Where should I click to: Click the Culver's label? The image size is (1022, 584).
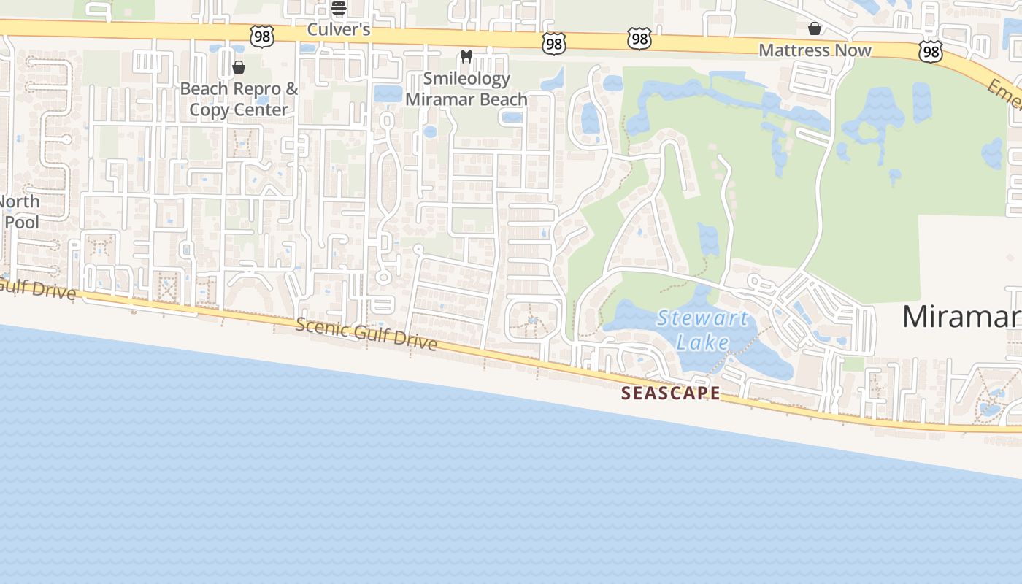pos(339,30)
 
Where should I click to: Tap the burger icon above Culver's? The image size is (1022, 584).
pos(338,8)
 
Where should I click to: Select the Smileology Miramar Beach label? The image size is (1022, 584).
pos(466,89)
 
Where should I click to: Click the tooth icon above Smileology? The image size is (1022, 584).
pos(466,56)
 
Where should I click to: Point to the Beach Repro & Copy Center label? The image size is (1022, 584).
pos(239,99)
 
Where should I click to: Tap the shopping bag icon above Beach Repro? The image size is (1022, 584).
pos(238,68)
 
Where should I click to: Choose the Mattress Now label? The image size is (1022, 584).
pos(815,50)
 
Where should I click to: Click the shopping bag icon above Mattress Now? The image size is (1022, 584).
pos(815,28)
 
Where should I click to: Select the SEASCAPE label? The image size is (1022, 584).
pos(670,393)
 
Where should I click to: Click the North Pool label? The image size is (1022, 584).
pos(20,212)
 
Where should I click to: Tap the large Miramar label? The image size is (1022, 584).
pos(961,317)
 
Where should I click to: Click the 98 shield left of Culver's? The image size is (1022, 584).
pos(261,36)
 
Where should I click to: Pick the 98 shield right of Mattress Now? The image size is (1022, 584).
pos(930,51)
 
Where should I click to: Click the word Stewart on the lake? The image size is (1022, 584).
pos(702,319)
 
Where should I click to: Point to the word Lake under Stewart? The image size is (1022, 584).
pos(702,342)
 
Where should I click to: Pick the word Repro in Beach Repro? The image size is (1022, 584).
pos(252,89)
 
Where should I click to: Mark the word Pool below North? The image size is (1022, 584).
pos(22,222)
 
